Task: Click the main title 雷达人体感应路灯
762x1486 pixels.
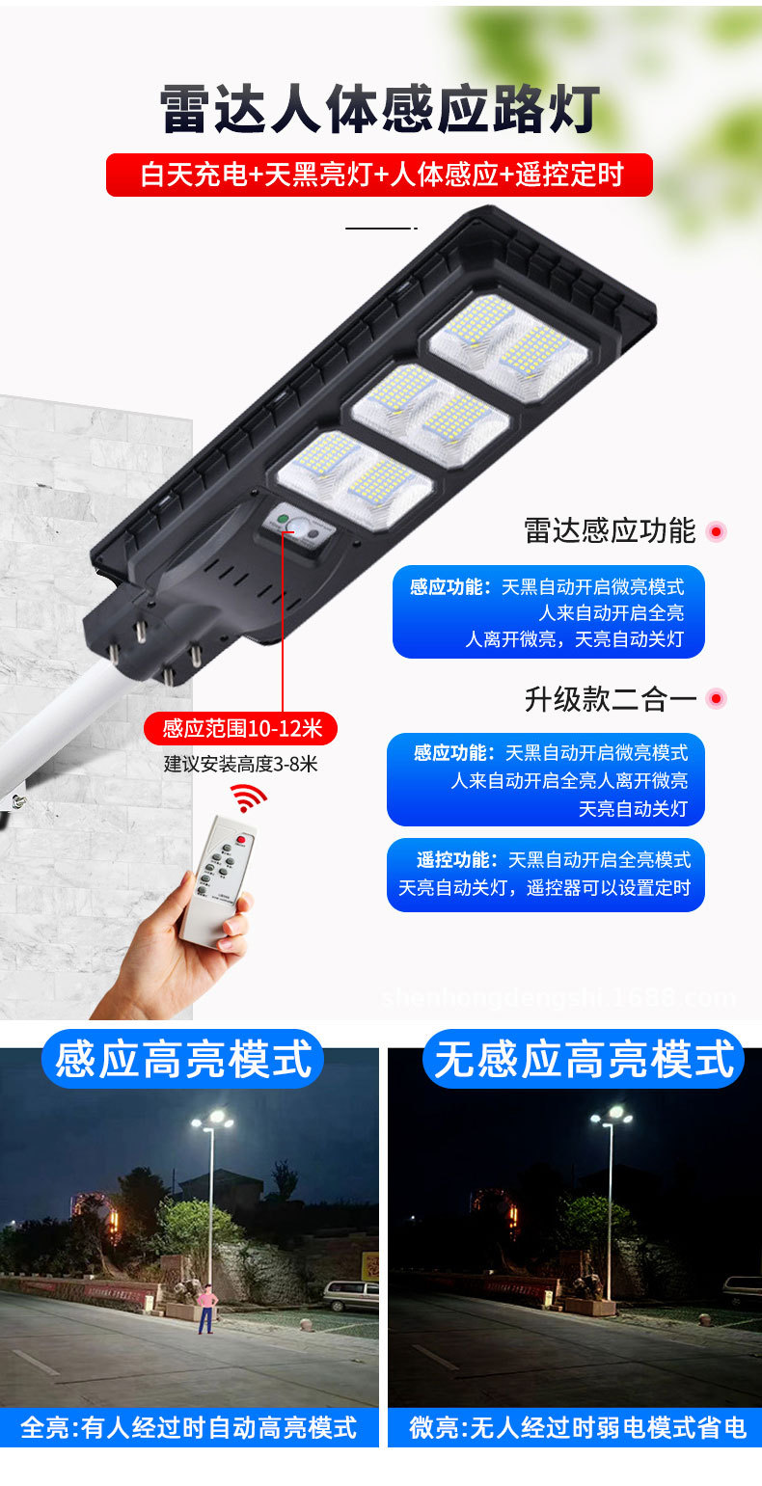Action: tap(380, 109)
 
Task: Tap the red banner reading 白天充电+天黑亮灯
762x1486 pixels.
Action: tap(379, 176)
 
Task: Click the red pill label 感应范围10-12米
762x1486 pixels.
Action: tap(241, 728)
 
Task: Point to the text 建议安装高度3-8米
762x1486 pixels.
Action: tap(241, 765)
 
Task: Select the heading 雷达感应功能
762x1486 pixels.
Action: tap(610, 530)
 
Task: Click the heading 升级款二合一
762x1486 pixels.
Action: tap(611, 699)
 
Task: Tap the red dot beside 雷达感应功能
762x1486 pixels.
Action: tap(717, 531)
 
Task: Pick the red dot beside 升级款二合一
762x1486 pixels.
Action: tap(717, 698)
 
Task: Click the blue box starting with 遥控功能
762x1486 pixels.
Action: tap(546, 875)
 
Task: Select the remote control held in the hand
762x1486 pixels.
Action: tap(218, 881)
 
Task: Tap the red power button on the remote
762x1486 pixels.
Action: tap(241, 840)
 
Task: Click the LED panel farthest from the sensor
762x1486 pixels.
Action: tap(508, 347)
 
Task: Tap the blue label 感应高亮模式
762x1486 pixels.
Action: tap(182, 1059)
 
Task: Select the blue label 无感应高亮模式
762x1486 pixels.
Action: tap(584, 1059)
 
